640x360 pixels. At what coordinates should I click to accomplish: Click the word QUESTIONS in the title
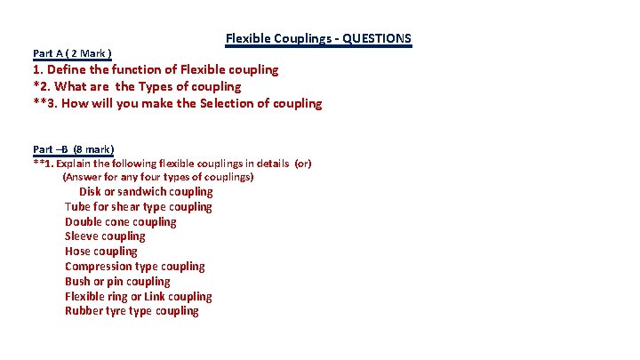click(376, 38)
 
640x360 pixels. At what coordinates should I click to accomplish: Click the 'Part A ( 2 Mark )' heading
click(71, 54)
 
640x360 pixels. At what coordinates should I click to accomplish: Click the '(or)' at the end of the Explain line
click(303, 164)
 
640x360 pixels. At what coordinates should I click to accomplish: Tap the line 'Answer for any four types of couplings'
click(158, 177)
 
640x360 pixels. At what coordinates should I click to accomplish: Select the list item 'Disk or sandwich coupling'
click(146, 191)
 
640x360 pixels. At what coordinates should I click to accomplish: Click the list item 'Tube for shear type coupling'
click(138, 206)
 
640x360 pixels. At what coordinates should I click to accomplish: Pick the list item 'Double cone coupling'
click(120, 221)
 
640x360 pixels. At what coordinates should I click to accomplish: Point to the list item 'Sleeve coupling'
click(104, 236)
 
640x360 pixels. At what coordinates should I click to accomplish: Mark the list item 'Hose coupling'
click(100, 252)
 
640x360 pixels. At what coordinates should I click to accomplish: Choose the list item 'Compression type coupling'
click(134, 267)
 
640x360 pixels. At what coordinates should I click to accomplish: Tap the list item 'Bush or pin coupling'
click(116, 281)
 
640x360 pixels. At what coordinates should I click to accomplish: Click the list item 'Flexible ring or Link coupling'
click(138, 296)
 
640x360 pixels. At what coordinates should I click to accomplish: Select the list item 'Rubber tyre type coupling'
click(132, 311)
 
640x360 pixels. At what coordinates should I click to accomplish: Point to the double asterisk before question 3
click(38, 102)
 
